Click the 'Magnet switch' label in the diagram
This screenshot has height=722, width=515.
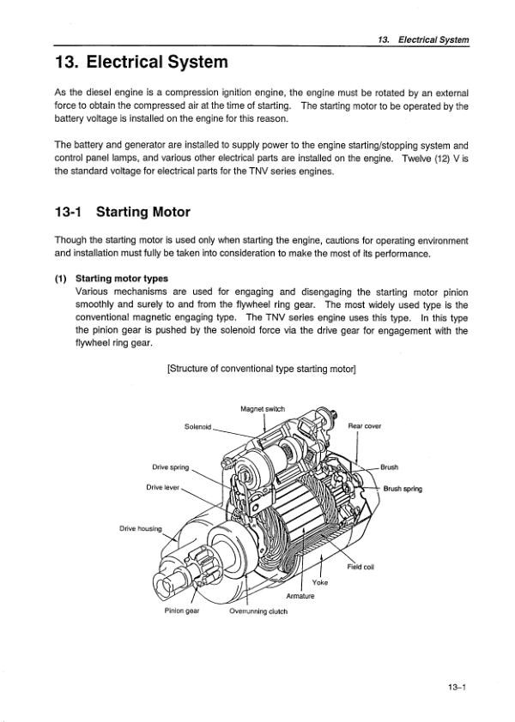263,409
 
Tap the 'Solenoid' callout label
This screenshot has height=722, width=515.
197,427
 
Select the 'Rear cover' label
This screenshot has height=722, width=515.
364,426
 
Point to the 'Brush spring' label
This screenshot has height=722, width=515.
403,489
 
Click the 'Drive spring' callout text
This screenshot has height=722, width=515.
171,467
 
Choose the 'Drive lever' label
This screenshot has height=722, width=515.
163,487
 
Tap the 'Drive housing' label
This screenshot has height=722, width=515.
141,528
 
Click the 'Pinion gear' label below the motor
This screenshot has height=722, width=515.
182,611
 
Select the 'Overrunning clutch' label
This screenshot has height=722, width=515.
258,611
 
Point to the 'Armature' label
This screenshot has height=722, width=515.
300,596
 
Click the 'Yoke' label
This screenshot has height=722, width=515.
320,582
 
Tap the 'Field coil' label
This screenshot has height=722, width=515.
360,567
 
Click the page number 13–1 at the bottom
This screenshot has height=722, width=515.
457,688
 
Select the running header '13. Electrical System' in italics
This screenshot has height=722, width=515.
423,39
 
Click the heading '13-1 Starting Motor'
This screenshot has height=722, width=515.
122,213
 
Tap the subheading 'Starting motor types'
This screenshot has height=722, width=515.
122,279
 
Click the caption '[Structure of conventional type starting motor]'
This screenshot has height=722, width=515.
262,370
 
